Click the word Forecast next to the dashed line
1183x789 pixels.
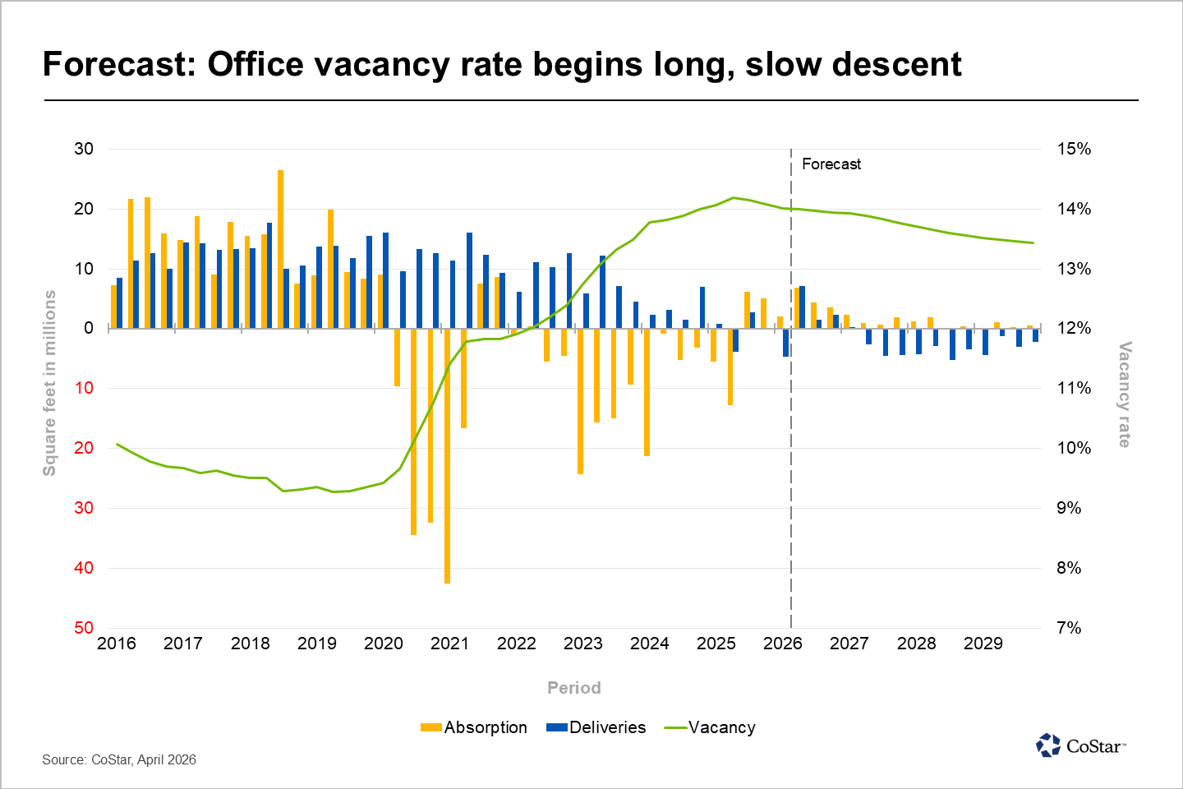pyautogui.click(x=831, y=164)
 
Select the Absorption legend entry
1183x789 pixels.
pyautogui.click(x=473, y=727)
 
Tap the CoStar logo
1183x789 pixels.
pyautogui.click(x=1081, y=745)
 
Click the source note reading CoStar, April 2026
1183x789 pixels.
pyautogui.click(x=119, y=759)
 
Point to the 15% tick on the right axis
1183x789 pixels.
pyautogui.click(x=1074, y=149)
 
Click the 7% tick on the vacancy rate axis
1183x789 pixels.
pyautogui.click(x=1068, y=628)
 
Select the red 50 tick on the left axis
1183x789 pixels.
pyautogui.click(x=84, y=628)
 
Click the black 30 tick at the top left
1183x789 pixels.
pyautogui.click(x=84, y=149)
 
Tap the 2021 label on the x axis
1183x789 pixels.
pyautogui.click(x=449, y=644)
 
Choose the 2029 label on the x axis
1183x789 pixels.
pyautogui.click(x=983, y=644)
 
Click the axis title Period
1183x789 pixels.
pyautogui.click(x=574, y=688)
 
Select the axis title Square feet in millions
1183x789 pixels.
pyautogui.click(x=50, y=383)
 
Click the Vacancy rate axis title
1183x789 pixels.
pyautogui.click(x=1125, y=394)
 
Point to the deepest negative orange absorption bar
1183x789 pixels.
pyautogui.click(x=447, y=456)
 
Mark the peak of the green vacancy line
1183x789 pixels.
pyautogui.click(x=733, y=197)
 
